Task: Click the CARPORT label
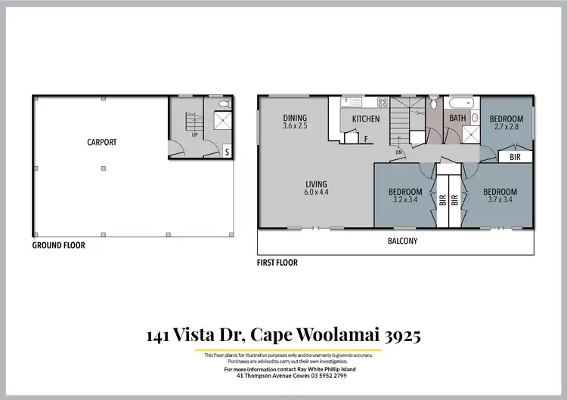click(x=101, y=141)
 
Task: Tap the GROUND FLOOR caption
click(x=58, y=245)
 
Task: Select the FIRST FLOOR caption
click(x=277, y=263)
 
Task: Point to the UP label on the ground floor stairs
click(x=194, y=137)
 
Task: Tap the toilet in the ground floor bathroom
click(x=221, y=103)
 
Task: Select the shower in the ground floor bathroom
click(x=222, y=121)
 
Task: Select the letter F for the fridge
click(x=367, y=140)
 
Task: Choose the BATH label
click(x=457, y=118)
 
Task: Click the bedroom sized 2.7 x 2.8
click(x=506, y=123)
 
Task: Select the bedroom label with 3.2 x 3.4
click(x=404, y=195)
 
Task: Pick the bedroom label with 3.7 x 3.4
click(x=500, y=195)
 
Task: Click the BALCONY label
click(x=402, y=242)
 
